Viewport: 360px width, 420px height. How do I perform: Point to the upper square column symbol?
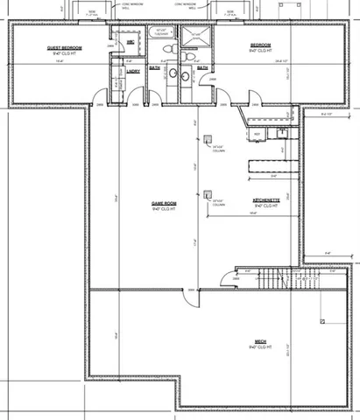click(x=208, y=139)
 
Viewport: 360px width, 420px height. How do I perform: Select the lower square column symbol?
click(x=208, y=195)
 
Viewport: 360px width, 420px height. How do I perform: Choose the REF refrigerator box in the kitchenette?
click(x=258, y=133)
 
